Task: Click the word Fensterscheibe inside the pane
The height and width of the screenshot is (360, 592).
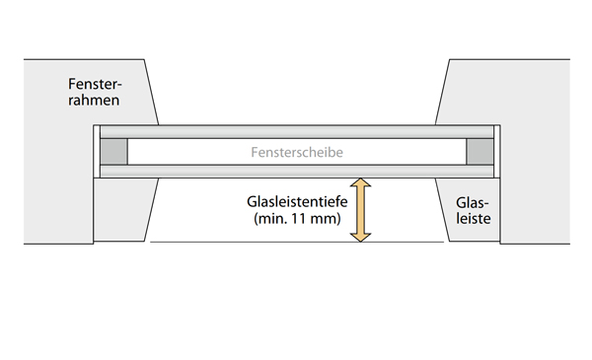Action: (297, 152)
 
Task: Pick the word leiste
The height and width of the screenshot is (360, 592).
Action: (472, 222)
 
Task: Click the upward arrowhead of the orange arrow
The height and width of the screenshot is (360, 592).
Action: (361, 185)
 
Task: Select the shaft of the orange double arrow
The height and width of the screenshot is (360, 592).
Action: (361, 210)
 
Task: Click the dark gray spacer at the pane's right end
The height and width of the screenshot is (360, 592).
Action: (480, 152)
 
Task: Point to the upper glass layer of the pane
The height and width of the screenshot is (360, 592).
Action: (296, 131)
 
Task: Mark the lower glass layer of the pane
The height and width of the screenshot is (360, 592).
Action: (296, 172)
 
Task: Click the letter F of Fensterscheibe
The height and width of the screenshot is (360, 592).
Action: (256, 152)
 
